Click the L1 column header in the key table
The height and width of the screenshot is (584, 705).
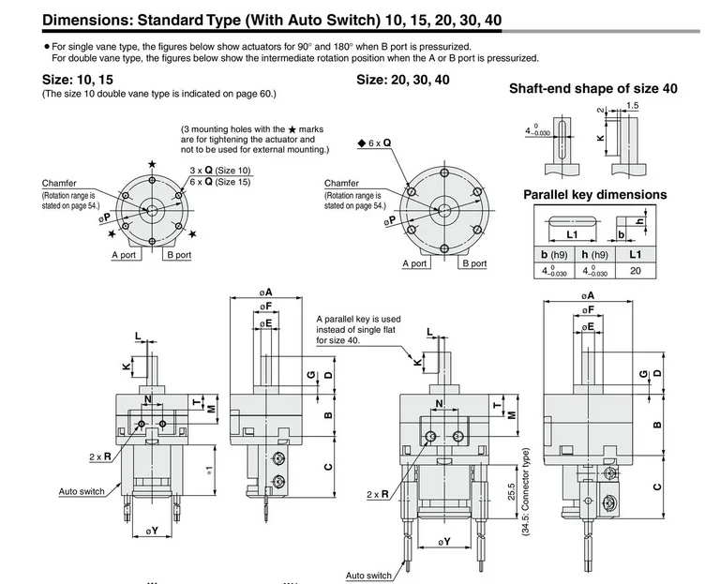click(635, 254)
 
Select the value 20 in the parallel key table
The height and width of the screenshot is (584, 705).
click(636, 271)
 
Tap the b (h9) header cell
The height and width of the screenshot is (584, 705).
click(554, 254)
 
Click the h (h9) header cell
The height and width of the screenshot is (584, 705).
click(594, 254)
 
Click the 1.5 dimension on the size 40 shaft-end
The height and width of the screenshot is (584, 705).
click(632, 106)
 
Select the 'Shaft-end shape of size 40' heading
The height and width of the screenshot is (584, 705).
click(593, 88)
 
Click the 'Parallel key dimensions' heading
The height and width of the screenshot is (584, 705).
click(594, 195)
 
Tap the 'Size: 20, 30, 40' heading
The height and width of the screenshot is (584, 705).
click(403, 80)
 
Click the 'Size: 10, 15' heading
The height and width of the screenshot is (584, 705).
click(77, 80)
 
